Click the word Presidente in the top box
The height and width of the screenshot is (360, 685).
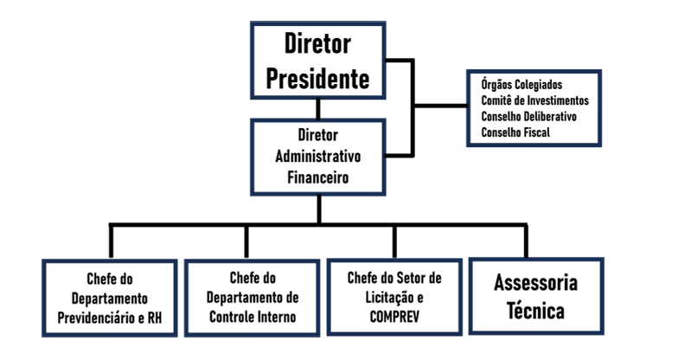(x=317, y=80)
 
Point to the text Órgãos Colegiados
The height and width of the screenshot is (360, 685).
(x=521, y=85)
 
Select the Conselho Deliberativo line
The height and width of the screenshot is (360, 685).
(x=528, y=116)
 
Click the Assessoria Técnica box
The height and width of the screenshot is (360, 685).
(x=535, y=296)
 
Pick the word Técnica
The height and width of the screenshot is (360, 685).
(x=535, y=311)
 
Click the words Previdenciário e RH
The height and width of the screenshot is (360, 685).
(x=113, y=317)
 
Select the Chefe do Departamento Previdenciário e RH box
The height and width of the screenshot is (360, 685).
(x=113, y=298)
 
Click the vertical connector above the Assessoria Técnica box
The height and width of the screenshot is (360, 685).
(x=525, y=240)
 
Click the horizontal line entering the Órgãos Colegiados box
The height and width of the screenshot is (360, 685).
(x=441, y=107)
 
